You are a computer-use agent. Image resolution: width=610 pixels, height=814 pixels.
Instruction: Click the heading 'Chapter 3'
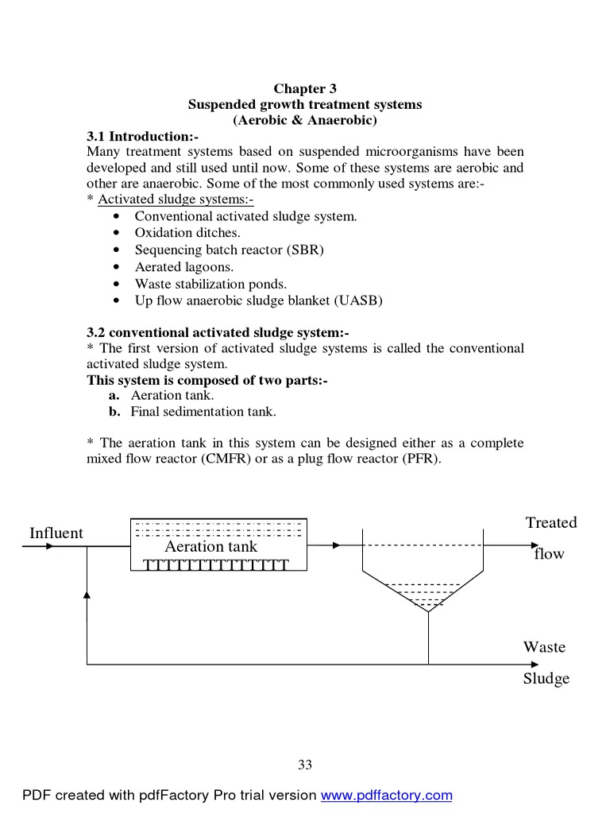(x=305, y=89)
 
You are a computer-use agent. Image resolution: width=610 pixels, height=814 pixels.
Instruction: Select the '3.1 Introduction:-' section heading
(x=142, y=137)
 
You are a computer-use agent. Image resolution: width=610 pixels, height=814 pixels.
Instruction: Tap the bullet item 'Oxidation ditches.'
(x=187, y=233)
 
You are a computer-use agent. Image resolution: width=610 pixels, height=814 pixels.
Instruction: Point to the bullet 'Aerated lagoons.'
(x=183, y=267)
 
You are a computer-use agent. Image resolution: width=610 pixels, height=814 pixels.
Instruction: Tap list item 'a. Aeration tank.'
(x=161, y=395)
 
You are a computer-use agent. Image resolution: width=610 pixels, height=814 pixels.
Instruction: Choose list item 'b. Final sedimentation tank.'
(x=192, y=412)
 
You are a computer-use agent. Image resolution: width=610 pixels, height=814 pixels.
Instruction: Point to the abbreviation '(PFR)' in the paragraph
(x=422, y=459)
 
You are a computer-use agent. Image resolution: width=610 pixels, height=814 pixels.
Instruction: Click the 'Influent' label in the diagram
(x=56, y=533)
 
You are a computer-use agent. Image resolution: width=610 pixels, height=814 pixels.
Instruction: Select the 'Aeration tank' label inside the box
(x=211, y=547)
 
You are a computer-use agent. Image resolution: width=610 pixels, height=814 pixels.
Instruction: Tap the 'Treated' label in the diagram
(x=550, y=522)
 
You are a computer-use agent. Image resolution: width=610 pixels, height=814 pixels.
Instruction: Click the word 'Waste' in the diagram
(x=544, y=647)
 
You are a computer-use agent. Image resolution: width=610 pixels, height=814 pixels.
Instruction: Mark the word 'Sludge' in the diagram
(x=546, y=679)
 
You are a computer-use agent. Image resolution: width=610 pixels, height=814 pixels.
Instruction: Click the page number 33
(x=305, y=765)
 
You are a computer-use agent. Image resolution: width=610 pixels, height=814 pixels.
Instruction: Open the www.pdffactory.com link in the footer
(x=386, y=795)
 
